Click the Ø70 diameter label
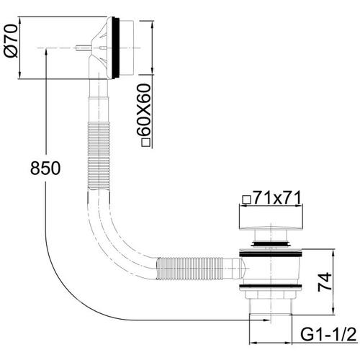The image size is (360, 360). [x=11, y=41]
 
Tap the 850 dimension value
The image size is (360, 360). [x=45, y=168]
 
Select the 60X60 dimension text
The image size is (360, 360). [x=144, y=109]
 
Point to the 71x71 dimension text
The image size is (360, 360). [x=277, y=198]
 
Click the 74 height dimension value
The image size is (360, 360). [x=325, y=282]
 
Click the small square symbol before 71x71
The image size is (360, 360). [x=247, y=199]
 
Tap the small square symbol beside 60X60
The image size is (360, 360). [x=146, y=143]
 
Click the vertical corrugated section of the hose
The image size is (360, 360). [x=99, y=156]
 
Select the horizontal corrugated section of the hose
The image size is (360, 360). [x=189, y=269]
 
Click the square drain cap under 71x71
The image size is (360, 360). [x=271, y=217]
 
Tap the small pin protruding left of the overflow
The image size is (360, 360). [x=83, y=48]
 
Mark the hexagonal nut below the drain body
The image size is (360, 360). [x=271, y=294]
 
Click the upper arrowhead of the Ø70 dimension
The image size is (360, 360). [x=20, y=22]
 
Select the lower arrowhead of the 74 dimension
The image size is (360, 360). [x=333, y=309]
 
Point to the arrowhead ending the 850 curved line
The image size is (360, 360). [x=266, y=320]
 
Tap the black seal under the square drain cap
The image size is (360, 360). [x=271, y=244]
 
